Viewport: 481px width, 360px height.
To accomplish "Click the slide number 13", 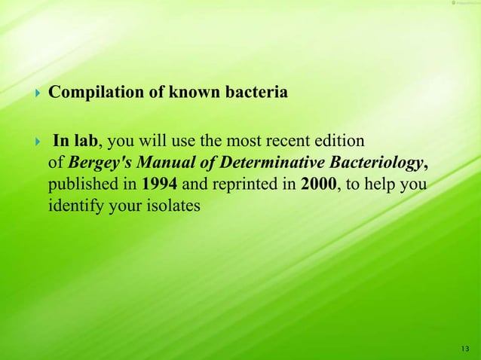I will pos(463,347).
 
